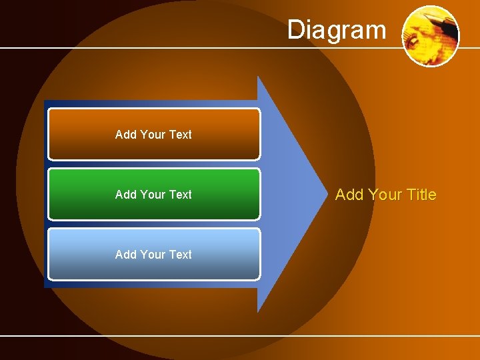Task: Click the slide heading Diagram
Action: tap(337, 30)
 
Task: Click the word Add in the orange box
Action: tap(125, 135)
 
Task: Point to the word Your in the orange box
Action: tap(153, 135)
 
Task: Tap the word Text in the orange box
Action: tap(180, 135)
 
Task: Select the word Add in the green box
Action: tap(125, 195)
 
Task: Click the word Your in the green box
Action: tap(153, 195)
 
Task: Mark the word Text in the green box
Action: tap(180, 195)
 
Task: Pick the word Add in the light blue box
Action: tap(125, 255)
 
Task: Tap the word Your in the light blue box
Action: tap(153, 255)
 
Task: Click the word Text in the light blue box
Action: tap(180, 255)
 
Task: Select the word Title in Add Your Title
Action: tap(421, 195)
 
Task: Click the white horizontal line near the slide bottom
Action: tap(240, 335)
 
